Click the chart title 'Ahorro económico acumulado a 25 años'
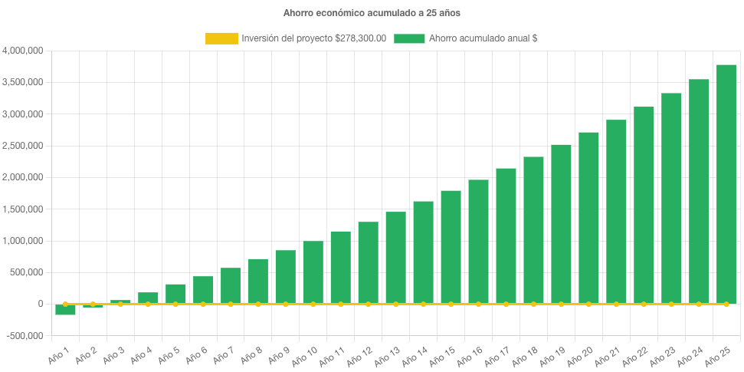click(372, 13)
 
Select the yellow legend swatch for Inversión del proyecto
click(221, 38)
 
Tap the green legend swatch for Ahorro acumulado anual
click(409, 38)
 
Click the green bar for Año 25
click(726, 184)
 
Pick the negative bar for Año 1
click(65, 310)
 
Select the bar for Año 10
click(313, 272)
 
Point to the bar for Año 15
click(451, 247)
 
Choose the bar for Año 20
click(588, 218)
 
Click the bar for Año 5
click(175, 294)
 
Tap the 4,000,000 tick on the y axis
click(23, 51)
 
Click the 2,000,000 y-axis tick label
click(23, 177)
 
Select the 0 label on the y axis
click(40, 305)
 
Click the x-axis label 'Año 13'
click(385, 356)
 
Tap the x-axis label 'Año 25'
click(716, 356)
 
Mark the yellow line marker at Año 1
click(65, 305)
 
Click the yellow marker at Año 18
click(533, 305)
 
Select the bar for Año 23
click(671, 199)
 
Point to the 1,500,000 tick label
click(23, 209)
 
